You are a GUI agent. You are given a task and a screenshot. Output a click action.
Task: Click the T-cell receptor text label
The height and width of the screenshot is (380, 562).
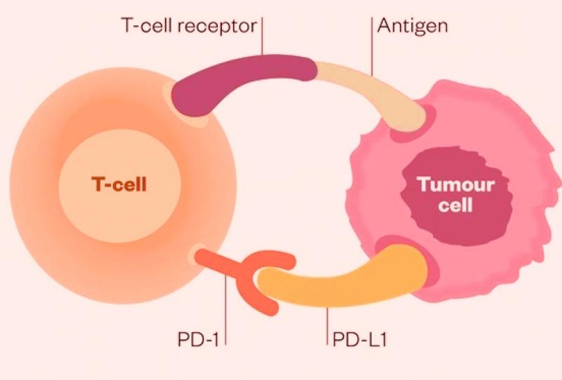(x=185, y=26)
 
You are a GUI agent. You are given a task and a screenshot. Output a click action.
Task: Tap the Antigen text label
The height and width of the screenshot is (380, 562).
(x=412, y=26)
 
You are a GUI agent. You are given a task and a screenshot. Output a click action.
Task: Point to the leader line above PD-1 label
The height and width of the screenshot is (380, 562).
(x=226, y=309)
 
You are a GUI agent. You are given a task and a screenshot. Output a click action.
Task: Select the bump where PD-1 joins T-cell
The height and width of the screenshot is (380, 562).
(x=197, y=254)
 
